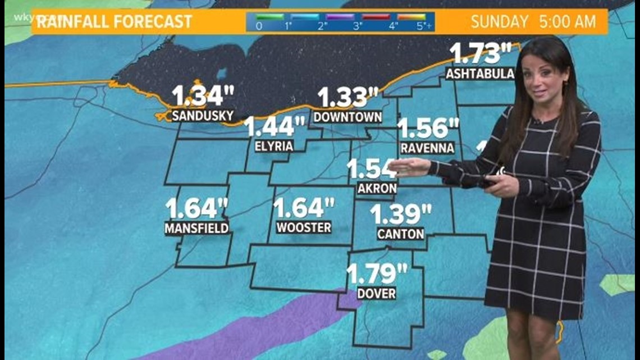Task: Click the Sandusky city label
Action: pos(202,116)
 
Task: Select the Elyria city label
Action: pos(274,146)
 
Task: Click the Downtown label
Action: pos(348,117)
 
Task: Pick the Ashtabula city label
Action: pos(480,74)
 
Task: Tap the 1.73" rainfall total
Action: pos(481,53)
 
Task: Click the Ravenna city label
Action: pos(427,148)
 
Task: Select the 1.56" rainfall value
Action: pos(428,128)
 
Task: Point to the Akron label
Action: pos(377,189)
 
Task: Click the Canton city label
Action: pos(400,234)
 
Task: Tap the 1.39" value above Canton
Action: pos(400,214)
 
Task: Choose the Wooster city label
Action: pos(304,227)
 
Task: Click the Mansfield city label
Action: pos(196,228)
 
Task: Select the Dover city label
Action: pos(376,293)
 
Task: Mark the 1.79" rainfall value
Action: pos(376,274)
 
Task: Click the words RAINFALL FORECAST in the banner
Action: pos(112,22)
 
